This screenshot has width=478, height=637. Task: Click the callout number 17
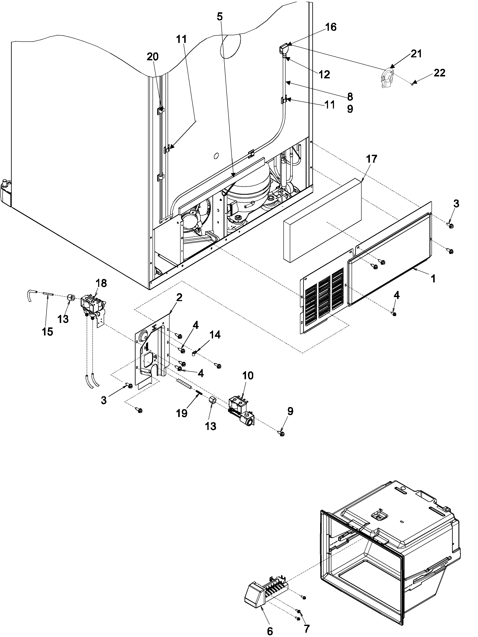[371, 159]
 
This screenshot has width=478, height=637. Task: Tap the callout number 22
[439, 73]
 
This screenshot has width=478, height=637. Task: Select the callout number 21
[416, 54]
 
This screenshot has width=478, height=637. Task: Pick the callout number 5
[219, 17]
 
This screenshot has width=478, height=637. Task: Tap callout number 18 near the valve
[101, 283]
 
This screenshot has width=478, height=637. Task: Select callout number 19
[182, 413]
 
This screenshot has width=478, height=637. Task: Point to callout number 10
[248, 376]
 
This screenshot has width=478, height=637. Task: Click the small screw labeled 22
[413, 84]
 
